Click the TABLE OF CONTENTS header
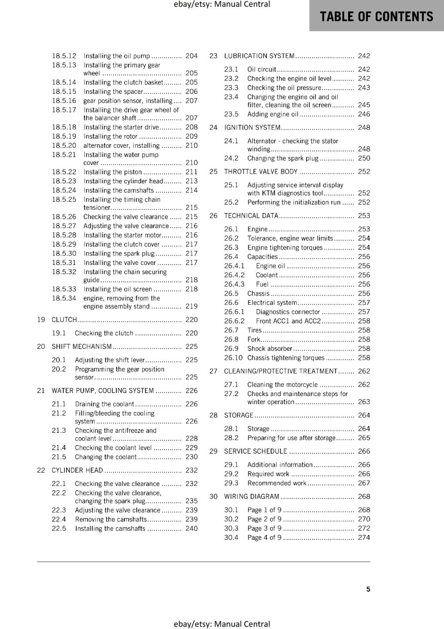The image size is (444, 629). click(376, 16)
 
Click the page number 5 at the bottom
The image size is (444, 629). click(368, 589)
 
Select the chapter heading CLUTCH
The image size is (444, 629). click(64, 320)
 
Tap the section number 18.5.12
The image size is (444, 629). click(64, 56)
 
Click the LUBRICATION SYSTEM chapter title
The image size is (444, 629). click(259, 56)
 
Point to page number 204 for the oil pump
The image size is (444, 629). click(191, 56)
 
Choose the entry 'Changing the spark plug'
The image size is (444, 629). click(283, 158)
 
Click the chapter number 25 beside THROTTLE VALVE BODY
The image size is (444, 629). click(213, 171)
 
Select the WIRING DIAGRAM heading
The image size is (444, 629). click(251, 497)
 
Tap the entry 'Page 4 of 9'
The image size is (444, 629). click(264, 537)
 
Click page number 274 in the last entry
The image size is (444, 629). click(364, 537)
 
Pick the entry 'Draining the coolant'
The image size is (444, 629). click(105, 404)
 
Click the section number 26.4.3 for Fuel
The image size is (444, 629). click(234, 284)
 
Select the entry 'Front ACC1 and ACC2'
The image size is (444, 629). click(288, 321)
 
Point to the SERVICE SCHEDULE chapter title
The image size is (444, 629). click(255, 451)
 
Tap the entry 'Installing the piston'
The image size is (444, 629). click(112, 172)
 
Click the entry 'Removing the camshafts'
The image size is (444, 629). click(110, 519)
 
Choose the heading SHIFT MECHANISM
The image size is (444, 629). click(82, 346)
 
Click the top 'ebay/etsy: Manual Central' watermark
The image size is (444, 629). click(222, 4)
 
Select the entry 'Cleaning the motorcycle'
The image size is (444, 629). click(282, 384)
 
